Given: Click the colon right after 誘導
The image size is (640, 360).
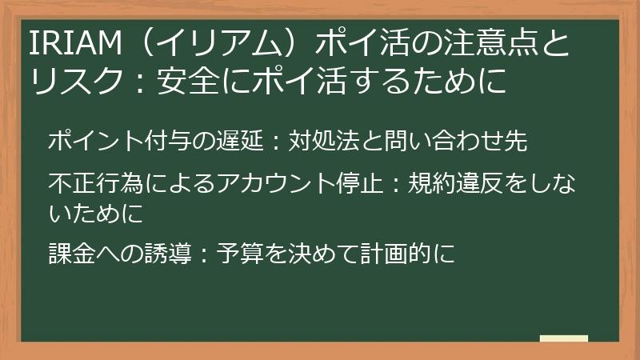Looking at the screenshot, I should click(204, 254).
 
